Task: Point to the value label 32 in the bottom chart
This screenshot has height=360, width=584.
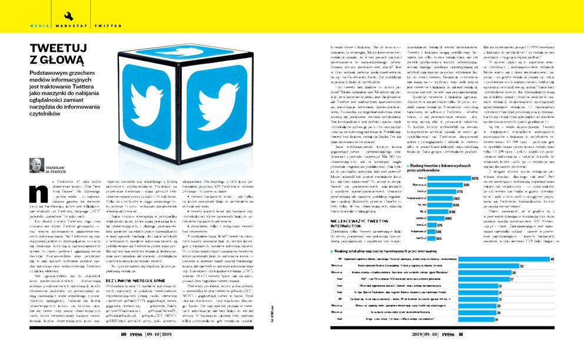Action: point(522,266)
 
